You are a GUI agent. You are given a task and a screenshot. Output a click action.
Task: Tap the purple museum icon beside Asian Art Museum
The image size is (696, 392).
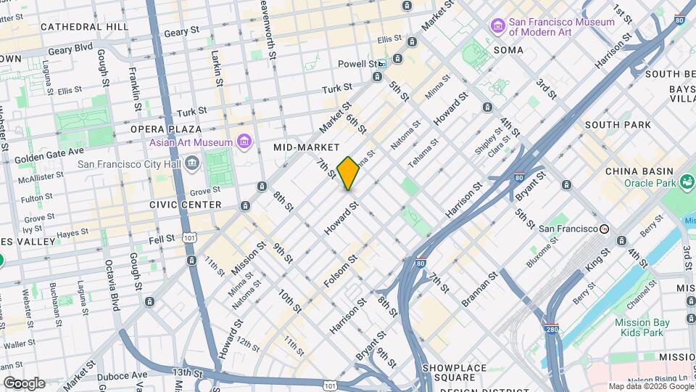(244, 142)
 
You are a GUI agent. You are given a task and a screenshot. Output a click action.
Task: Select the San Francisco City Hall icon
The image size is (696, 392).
(192, 162)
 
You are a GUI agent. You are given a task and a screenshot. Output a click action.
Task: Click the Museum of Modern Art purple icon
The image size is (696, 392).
(497, 27)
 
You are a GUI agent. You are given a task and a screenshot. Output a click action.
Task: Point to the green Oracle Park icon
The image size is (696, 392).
(687, 181)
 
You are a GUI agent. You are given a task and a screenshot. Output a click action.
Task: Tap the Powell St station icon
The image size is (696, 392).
(381, 64)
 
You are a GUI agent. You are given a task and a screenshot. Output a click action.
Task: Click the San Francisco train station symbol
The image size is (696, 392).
(603, 229)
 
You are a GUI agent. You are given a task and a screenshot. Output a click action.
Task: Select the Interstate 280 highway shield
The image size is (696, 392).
(552, 329)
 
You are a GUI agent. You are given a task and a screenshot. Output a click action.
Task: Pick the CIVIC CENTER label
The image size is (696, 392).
(185, 205)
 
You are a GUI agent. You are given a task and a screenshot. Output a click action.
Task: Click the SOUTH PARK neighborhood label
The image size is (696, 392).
(618, 125)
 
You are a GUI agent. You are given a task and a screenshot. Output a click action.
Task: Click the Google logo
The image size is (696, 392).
(24, 383)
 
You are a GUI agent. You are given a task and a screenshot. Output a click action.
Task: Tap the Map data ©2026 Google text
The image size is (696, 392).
(650, 386)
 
